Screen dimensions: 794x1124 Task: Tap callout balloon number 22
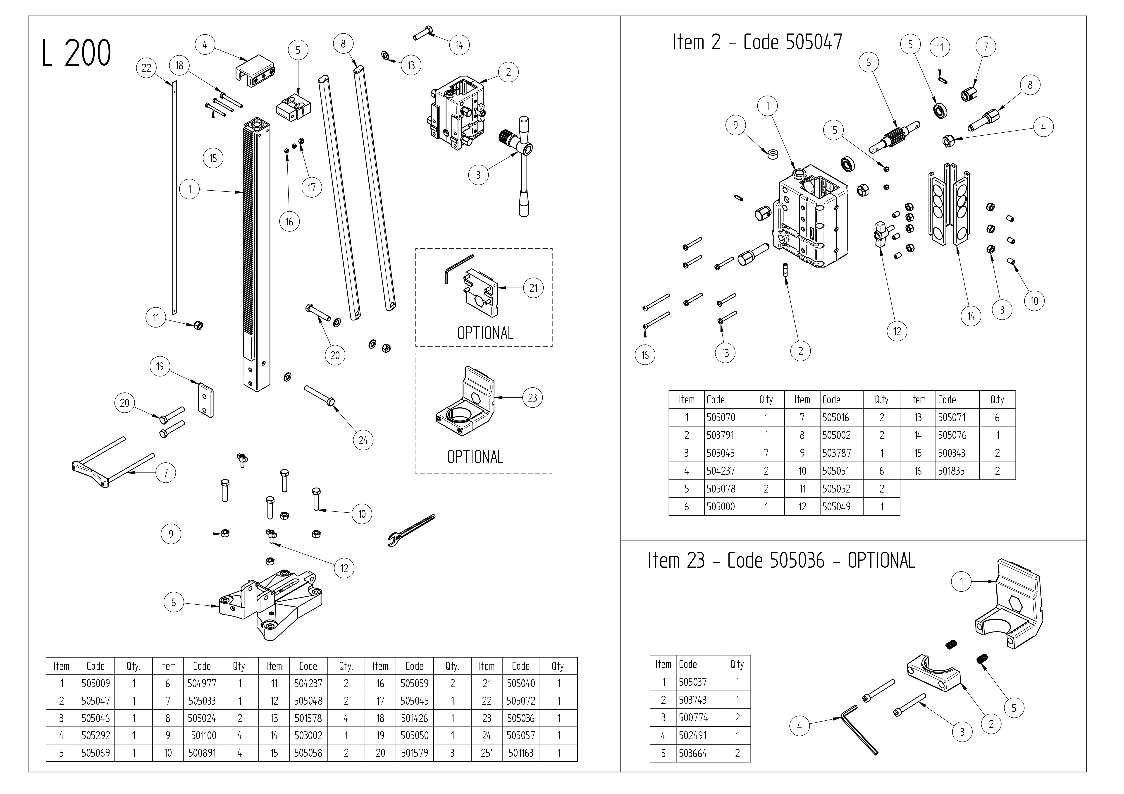(146, 68)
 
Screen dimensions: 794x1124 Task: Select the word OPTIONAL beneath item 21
(485, 333)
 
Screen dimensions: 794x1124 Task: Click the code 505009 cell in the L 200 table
(95, 683)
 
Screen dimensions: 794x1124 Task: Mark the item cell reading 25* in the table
(486, 753)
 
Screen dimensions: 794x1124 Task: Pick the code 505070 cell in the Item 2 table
(721, 418)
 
